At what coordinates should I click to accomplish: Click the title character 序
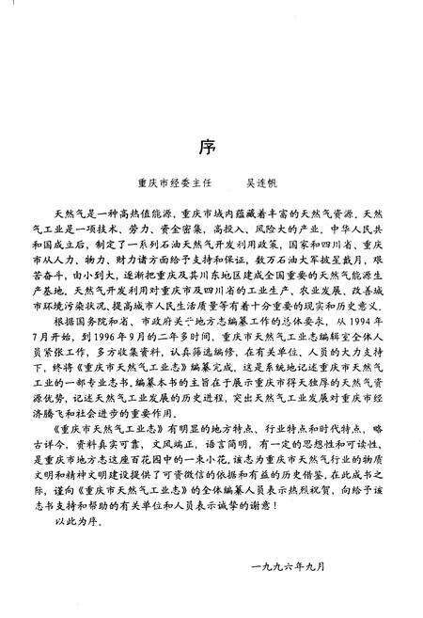click(211, 148)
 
